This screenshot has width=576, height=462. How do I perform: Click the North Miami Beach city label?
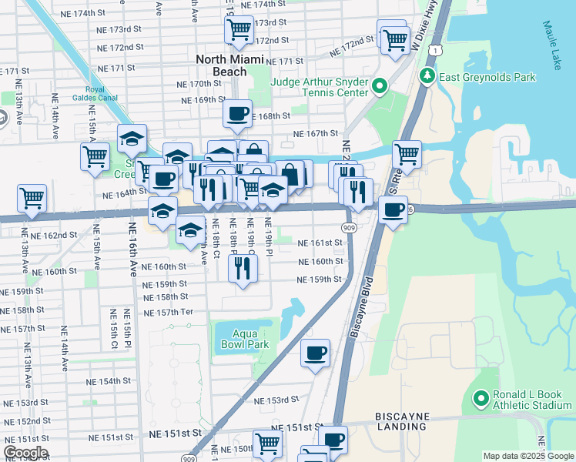[230, 65]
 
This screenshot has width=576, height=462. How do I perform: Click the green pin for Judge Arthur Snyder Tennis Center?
[379, 85]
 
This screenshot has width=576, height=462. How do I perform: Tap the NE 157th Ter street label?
[168, 312]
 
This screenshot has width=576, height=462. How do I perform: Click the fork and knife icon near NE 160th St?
[243, 268]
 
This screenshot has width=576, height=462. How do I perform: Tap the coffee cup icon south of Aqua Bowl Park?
[315, 353]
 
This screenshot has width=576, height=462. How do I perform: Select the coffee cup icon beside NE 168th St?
[237, 113]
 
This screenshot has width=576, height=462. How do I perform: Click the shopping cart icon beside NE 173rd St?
[239, 30]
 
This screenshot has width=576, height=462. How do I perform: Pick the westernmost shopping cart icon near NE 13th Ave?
[32, 198]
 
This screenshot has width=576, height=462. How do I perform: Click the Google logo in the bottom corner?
[25, 453]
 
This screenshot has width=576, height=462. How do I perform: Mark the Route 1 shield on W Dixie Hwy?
[437, 50]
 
